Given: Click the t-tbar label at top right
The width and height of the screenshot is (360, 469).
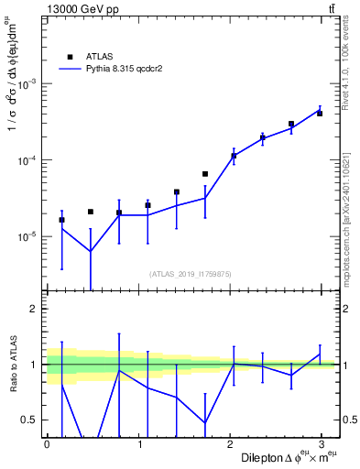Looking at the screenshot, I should click(331, 9).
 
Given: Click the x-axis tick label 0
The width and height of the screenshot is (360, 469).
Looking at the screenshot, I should click(47, 443).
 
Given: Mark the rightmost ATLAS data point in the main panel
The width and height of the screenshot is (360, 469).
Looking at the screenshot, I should click(320, 114).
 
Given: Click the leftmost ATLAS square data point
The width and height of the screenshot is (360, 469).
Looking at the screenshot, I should click(61, 220).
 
